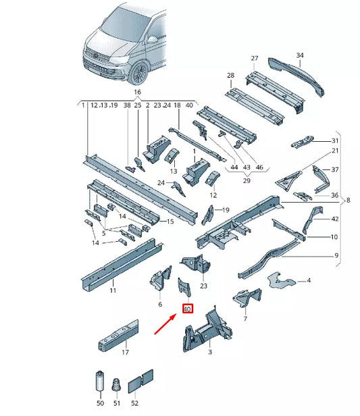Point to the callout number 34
301,55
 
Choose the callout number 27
255,58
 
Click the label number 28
230,75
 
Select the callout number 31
335,140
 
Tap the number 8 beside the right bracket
349,201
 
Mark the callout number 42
335,219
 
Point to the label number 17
124,353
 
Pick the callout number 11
113,290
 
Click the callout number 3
210,353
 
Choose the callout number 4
308,280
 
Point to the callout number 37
335,170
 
